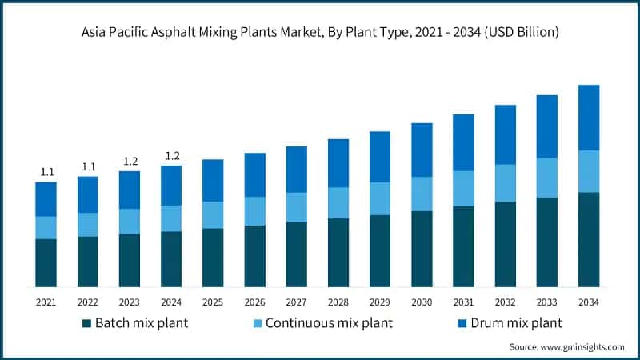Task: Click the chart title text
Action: click(320, 33)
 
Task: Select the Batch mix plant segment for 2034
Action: click(589, 239)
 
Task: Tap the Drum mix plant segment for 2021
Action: click(46, 199)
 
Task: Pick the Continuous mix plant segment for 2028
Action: click(338, 202)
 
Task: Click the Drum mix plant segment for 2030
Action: click(422, 150)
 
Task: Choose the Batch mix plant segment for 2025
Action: click(213, 258)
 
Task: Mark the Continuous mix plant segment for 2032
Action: click(505, 183)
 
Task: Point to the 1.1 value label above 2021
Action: click(46, 172)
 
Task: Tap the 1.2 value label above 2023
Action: click(130, 162)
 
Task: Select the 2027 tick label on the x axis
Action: click(296, 302)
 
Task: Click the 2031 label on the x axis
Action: click(463, 302)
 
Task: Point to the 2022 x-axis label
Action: click(88, 302)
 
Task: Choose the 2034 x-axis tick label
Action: click(589, 302)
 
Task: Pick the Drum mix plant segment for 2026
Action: click(254, 174)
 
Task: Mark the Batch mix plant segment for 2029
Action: click(380, 250)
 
